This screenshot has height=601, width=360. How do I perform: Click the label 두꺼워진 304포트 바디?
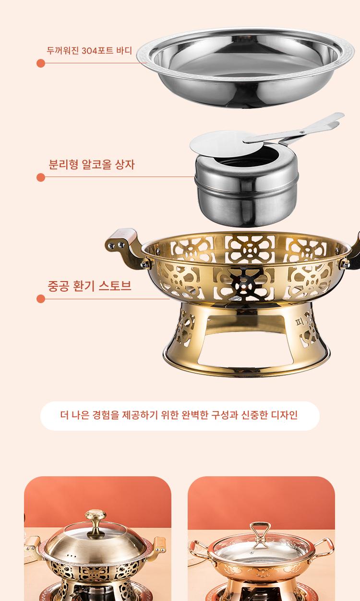tap(89, 50)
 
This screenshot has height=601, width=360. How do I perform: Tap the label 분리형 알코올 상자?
tap(91, 164)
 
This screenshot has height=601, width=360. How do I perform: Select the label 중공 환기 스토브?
tap(89, 286)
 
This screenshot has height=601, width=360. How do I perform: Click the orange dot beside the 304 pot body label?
tap(41, 63)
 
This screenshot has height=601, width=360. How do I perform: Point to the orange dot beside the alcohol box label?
tap(41, 177)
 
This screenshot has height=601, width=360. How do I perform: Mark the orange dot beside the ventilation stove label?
tap(41, 299)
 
